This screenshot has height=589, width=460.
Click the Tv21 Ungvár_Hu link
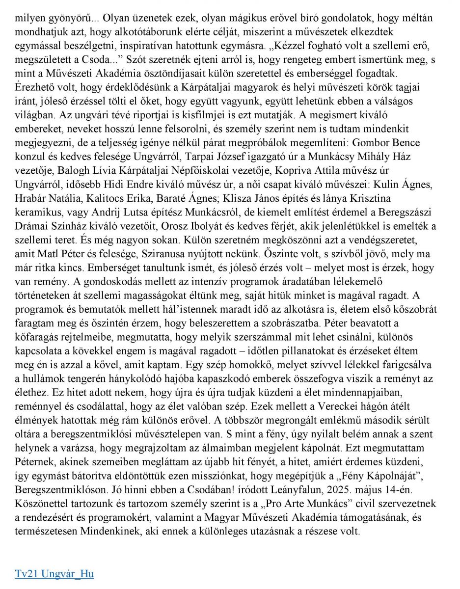coord(54,573)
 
